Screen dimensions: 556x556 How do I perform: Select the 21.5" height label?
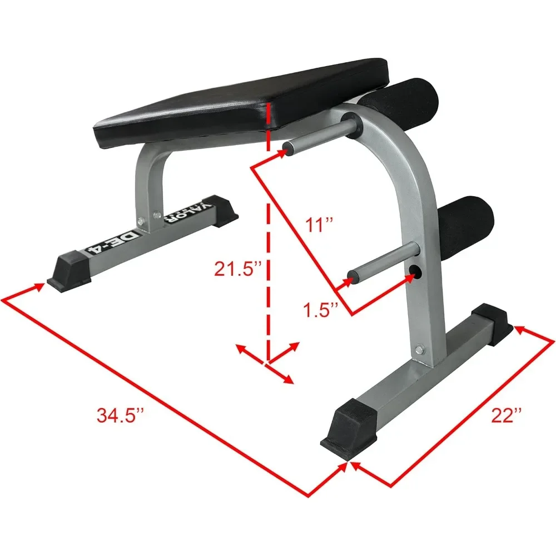[x=238, y=269]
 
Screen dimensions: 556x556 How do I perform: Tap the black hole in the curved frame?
[x=415, y=271]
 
